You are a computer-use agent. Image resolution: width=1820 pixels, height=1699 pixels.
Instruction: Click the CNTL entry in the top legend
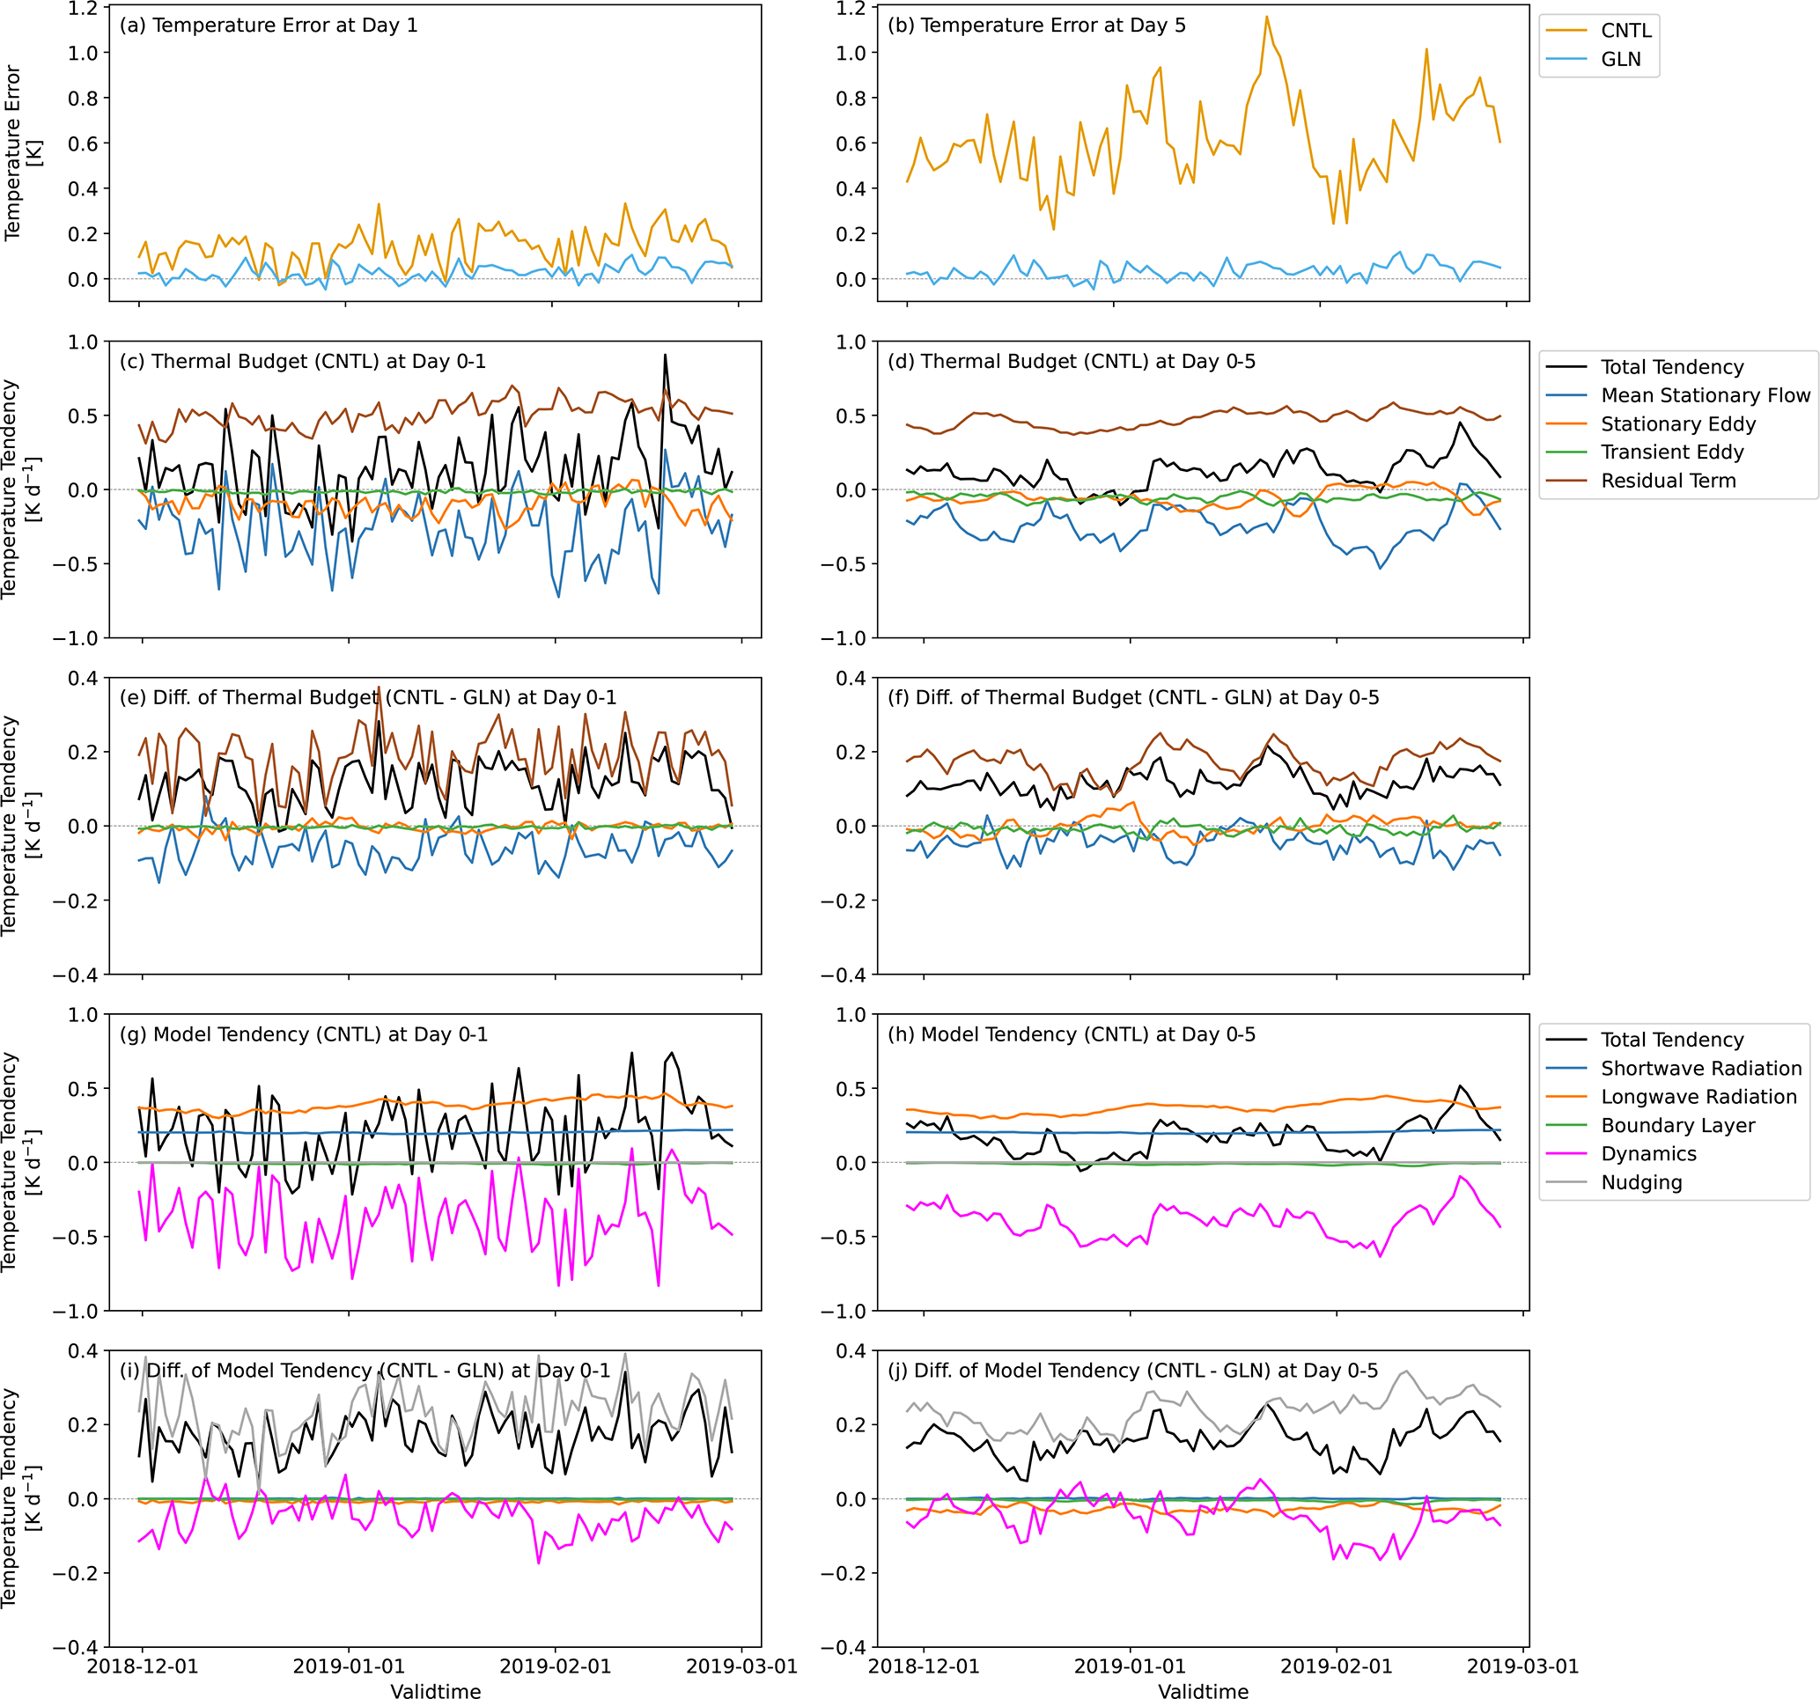[x=1625, y=30]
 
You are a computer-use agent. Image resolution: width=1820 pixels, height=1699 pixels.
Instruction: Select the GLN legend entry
[x=1619, y=59]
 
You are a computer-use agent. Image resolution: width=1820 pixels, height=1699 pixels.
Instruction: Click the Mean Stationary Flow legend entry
[x=1705, y=395]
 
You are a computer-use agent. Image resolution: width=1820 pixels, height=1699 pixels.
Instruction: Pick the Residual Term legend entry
[x=1667, y=481]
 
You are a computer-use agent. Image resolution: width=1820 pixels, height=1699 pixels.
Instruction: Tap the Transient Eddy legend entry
[x=1672, y=452]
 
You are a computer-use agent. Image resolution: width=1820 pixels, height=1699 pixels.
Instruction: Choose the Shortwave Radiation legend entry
[x=1700, y=1069]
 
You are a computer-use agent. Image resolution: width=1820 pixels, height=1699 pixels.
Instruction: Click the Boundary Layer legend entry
[x=1677, y=1125]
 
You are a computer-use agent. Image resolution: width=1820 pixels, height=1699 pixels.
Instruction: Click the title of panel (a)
[x=269, y=26]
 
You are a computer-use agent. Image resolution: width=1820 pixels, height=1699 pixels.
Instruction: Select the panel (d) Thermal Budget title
[x=1071, y=362]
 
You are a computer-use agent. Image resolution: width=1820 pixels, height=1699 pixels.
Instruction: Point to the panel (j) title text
[x=1132, y=1371]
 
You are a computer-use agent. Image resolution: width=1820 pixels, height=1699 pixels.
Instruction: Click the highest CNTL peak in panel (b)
[x=1267, y=17]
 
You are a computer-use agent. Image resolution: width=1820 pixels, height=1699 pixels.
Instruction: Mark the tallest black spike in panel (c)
[x=665, y=355]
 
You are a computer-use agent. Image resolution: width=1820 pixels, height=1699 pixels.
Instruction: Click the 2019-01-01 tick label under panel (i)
[x=349, y=1666]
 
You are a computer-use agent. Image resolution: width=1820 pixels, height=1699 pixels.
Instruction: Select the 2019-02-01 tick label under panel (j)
[x=1336, y=1666]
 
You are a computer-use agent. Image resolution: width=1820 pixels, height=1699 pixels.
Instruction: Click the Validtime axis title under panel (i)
[x=436, y=1691]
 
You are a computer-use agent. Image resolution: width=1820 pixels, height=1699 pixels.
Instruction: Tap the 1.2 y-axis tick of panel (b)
[x=851, y=8]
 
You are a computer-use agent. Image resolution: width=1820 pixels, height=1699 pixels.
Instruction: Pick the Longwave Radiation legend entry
[x=1698, y=1097]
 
